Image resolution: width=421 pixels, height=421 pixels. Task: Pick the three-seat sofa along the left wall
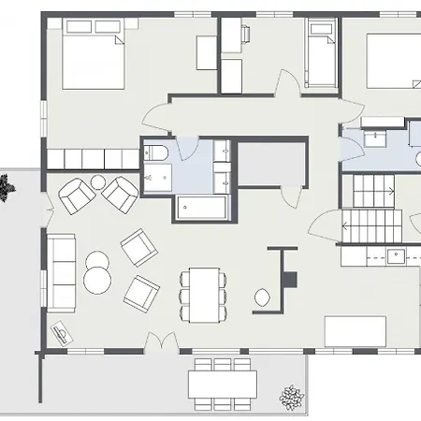[x=64, y=271]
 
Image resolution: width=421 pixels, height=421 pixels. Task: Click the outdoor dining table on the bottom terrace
[x=222, y=384]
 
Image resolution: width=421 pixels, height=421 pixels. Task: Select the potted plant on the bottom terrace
[x=292, y=399]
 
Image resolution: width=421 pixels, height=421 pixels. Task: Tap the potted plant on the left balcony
[x=6, y=190]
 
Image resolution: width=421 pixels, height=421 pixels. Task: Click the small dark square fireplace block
[x=291, y=278]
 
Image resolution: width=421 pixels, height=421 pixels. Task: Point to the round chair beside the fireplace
[x=265, y=299]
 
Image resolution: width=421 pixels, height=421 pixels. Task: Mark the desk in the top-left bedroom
[x=208, y=53]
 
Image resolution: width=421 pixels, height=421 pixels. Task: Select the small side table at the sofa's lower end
[x=62, y=331]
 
